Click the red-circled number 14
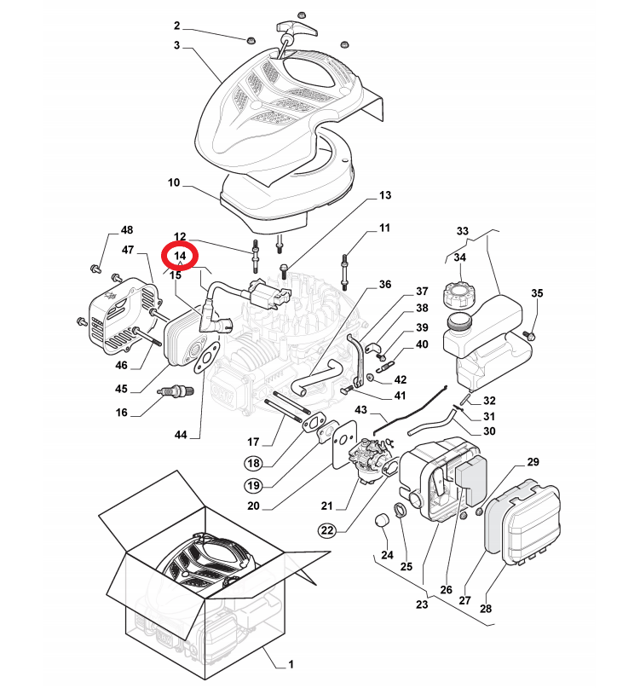180,256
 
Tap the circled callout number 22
327,529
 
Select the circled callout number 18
253,463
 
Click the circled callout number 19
253,485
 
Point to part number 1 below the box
290,663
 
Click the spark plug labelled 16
177,393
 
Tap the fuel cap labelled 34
458,298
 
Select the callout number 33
463,231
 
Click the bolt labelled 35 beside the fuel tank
530,334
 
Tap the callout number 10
174,182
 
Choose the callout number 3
177,44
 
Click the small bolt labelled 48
96,269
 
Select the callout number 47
129,250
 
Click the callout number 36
385,284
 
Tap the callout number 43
361,411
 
